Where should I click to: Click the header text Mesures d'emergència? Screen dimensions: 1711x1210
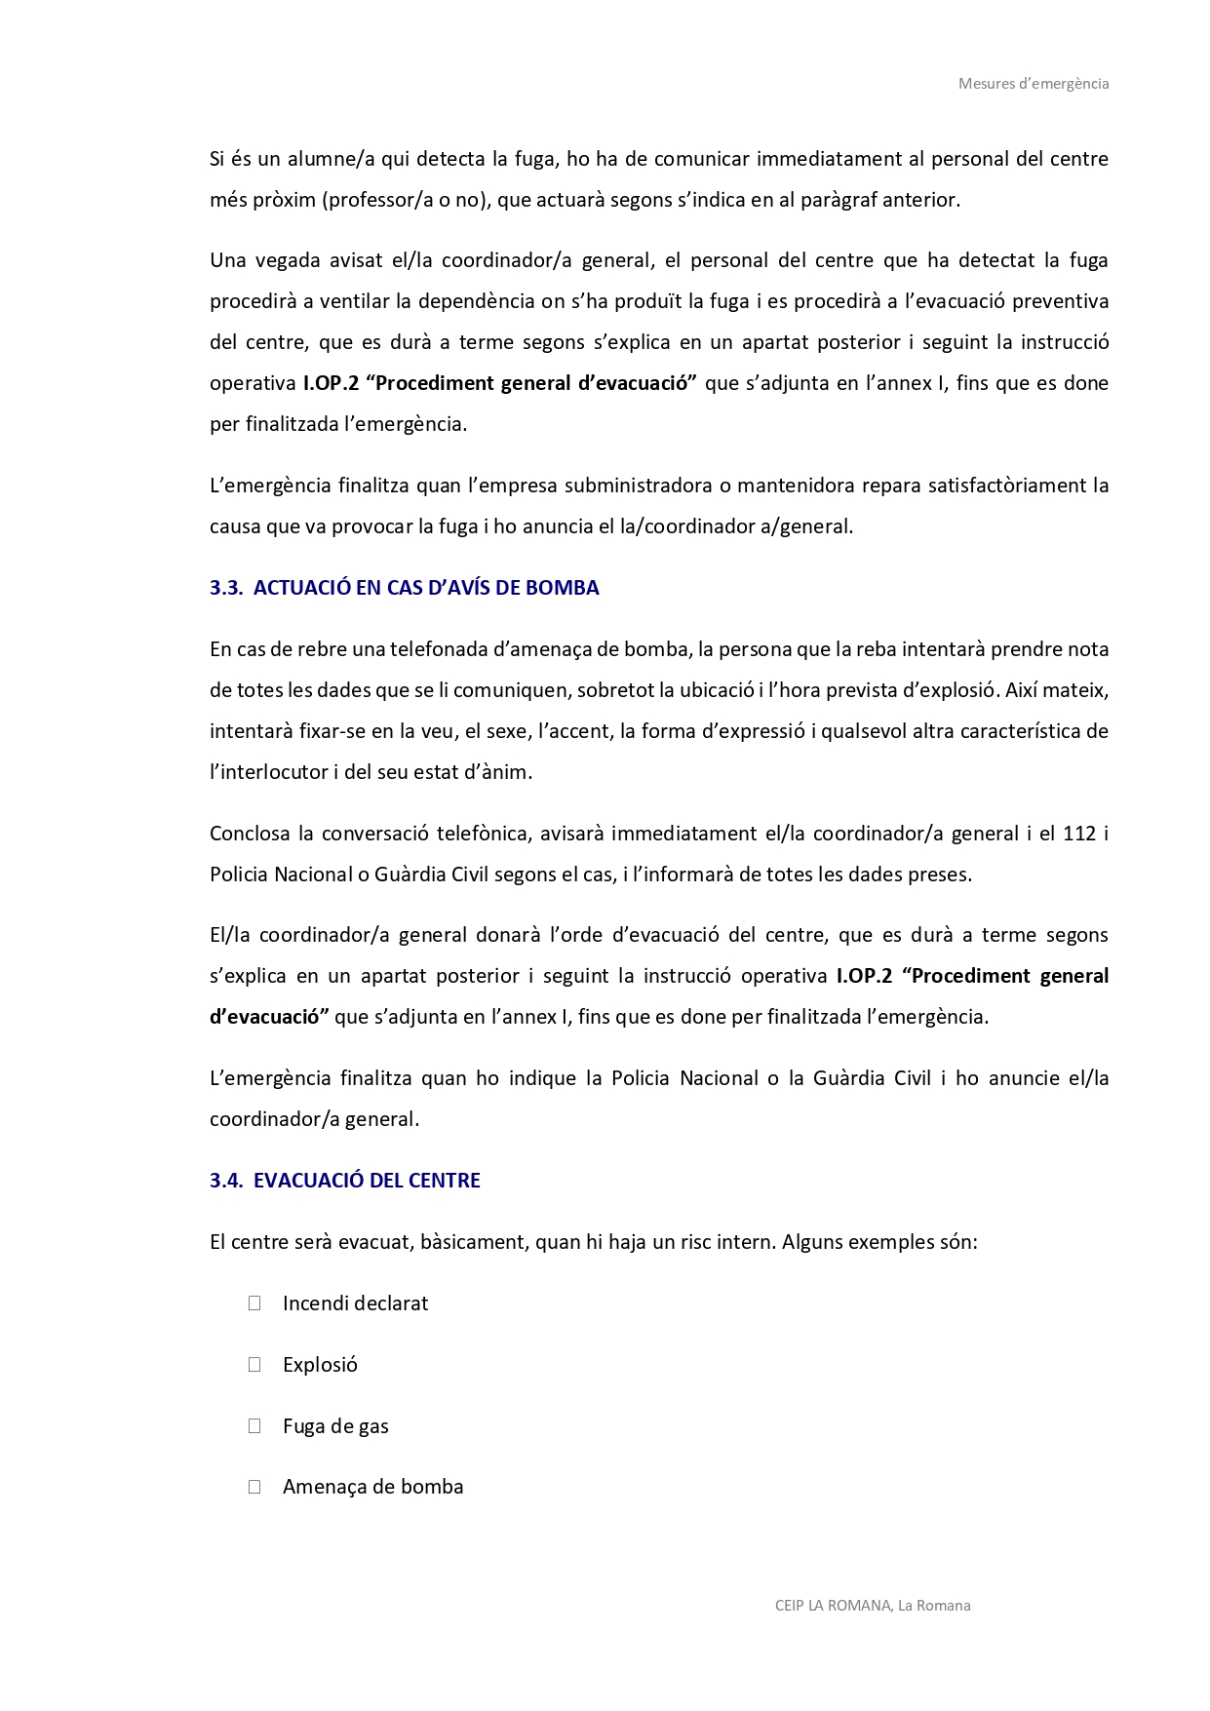pos(1034,84)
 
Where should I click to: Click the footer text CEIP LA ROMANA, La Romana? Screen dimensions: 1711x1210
pos(873,1606)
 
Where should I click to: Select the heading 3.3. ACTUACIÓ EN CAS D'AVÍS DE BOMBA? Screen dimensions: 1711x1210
pos(404,588)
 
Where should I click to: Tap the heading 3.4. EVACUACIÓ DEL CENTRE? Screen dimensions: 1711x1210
pos(344,1181)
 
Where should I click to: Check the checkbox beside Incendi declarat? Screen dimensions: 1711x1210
pos(254,1303)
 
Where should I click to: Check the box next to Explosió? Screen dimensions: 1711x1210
pos(254,1365)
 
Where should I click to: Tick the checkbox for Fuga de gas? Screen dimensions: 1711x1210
pos(254,1426)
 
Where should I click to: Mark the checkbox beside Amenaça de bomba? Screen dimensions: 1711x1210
pos(254,1487)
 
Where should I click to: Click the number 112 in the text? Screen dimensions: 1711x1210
pos(1079,834)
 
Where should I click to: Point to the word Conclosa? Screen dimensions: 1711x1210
pos(250,834)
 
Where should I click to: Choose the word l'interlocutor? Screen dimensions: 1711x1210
pos(269,772)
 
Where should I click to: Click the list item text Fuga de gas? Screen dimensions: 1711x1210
pos(335,1426)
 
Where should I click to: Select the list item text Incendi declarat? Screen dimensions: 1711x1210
pos(355,1303)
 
